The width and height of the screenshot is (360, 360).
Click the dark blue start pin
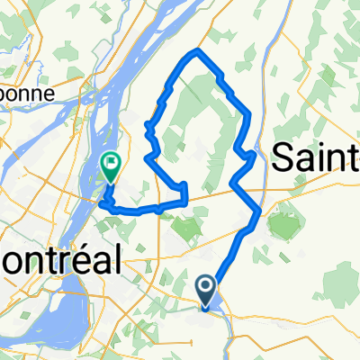[x=206, y=291]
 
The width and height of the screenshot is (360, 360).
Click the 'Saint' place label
[x=314, y=157]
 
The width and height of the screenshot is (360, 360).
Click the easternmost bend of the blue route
[x=261, y=211]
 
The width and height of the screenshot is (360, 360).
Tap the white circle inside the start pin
[x=206, y=287]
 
